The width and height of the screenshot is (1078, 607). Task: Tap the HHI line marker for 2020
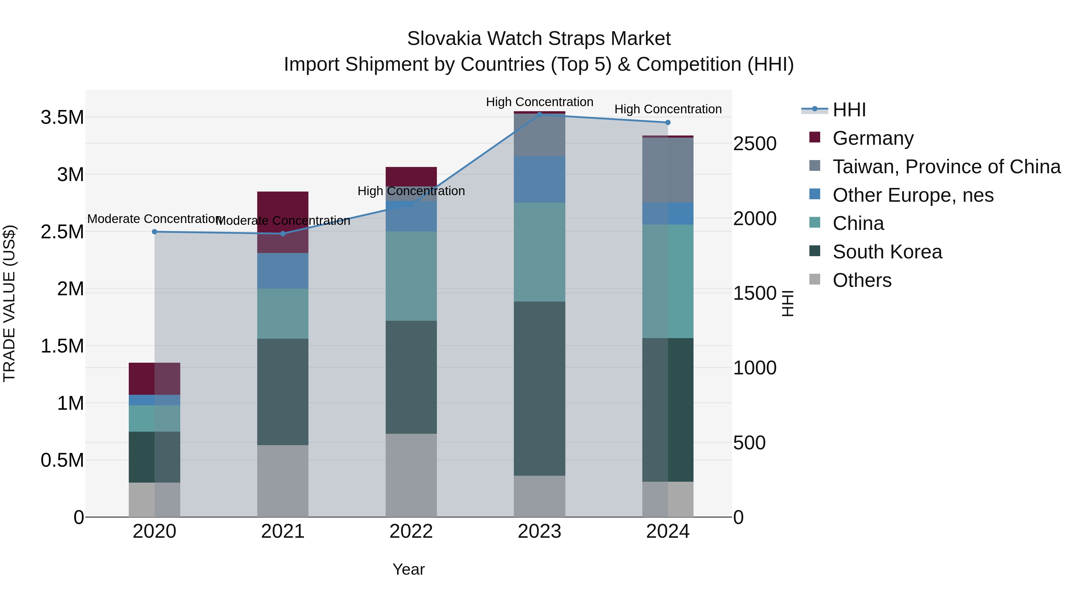pyautogui.click(x=155, y=232)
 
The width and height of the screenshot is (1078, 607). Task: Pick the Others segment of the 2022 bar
pyautogui.click(x=411, y=475)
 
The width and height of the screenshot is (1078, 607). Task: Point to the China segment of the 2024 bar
pyautogui.click(x=668, y=281)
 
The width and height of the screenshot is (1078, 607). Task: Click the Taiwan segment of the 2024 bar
pyautogui.click(x=668, y=170)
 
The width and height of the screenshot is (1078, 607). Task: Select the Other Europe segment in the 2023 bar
pyautogui.click(x=539, y=179)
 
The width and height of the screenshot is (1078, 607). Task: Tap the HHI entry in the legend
pyautogui.click(x=849, y=110)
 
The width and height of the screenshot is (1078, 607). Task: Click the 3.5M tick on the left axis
pyautogui.click(x=62, y=117)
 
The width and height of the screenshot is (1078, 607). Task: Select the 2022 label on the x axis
pyautogui.click(x=411, y=531)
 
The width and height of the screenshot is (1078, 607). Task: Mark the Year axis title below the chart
pyautogui.click(x=408, y=569)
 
